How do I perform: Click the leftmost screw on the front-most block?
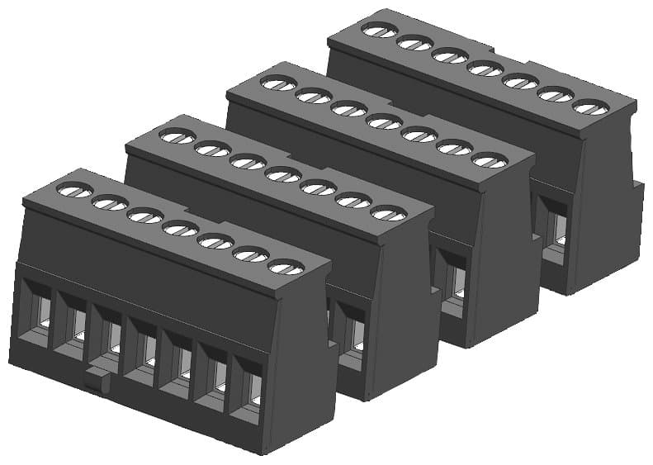[x=74, y=191]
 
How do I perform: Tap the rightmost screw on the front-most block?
[x=286, y=267]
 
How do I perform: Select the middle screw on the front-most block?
[x=180, y=229]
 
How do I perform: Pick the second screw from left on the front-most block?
[x=110, y=203]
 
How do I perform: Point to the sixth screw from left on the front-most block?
[x=251, y=254]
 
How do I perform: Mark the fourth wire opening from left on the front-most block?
[x=142, y=351]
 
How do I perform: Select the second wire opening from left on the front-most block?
[x=73, y=325]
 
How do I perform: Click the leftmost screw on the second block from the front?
[x=177, y=136]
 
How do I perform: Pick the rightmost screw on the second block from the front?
[x=388, y=213]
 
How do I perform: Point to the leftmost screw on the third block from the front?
[x=278, y=83]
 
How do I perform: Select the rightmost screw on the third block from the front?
[x=489, y=159]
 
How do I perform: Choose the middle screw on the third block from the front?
[x=384, y=121]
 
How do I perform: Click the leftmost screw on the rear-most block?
[x=380, y=31]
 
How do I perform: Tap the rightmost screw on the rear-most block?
[x=590, y=107]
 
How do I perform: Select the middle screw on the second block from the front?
[x=283, y=174]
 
